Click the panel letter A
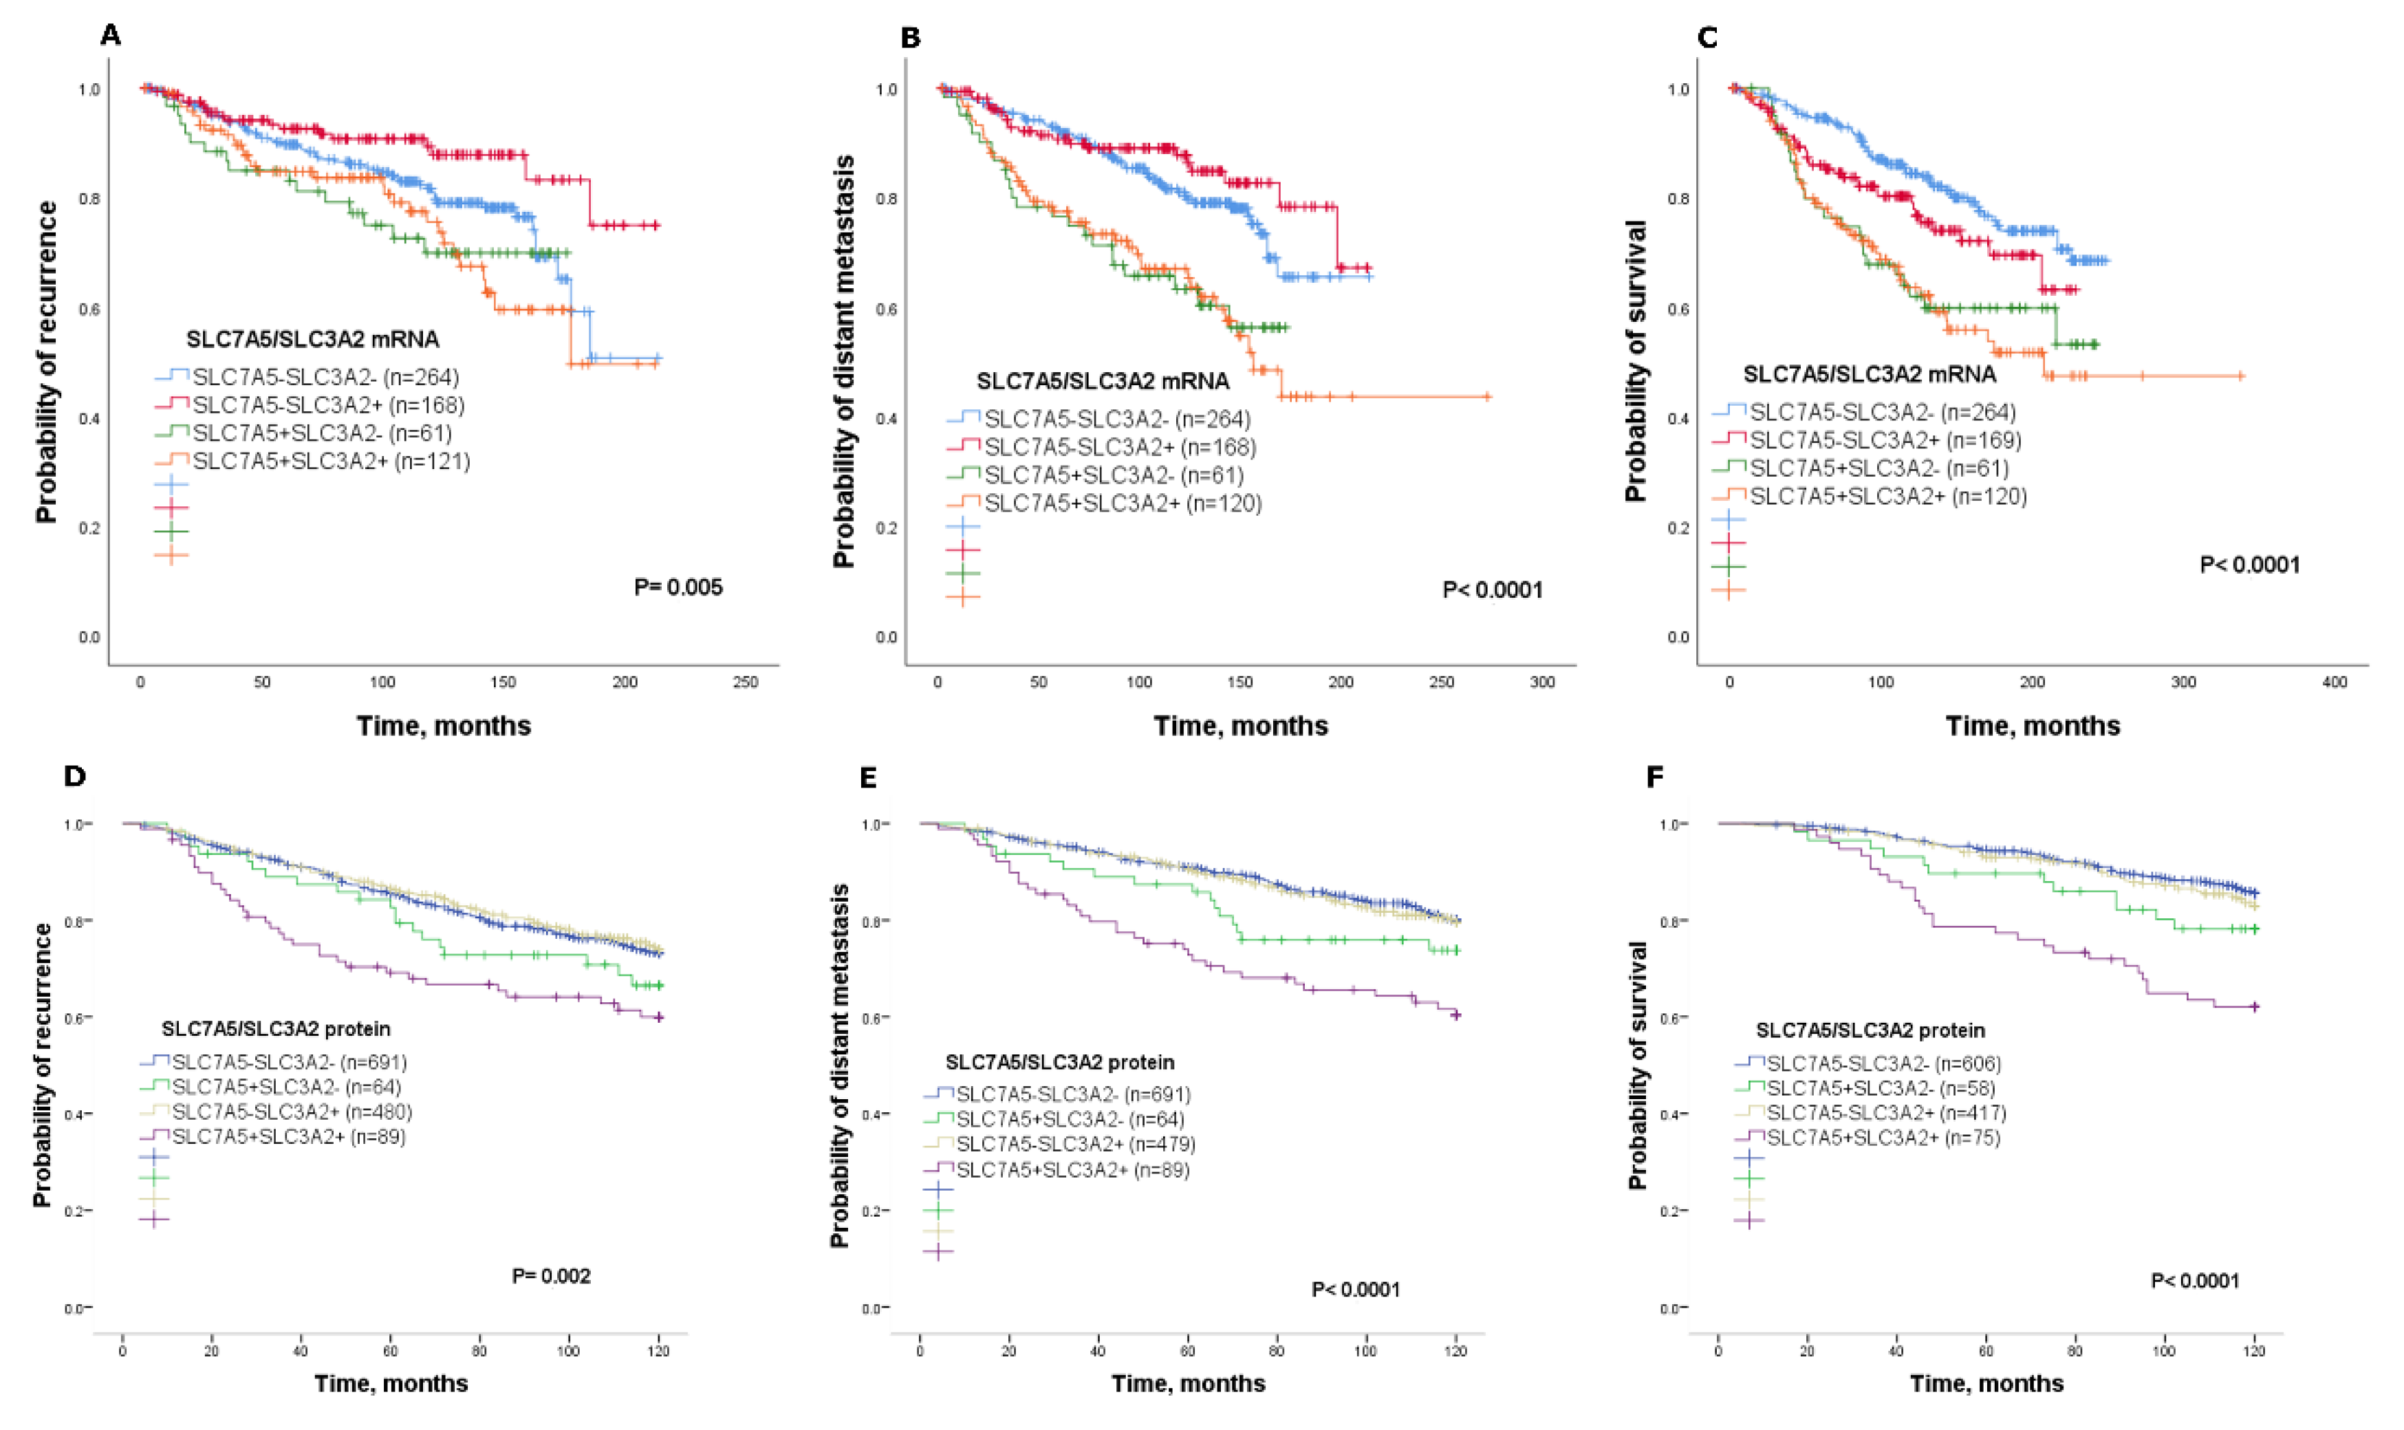pyautogui.click(x=111, y=36)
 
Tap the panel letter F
pyautogui.click(x=1656, y=776)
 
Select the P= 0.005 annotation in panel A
pyautogui.click(x=678, y=587)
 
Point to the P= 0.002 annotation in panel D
pyautogui.click(x=551, y=1276)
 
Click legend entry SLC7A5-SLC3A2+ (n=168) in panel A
pyautogui.click(x=327, y=404)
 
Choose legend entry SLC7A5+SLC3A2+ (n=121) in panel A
pyautogui.click(x=332, y=461)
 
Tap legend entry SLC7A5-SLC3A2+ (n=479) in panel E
pyautogui.click(x=1075, y=1144)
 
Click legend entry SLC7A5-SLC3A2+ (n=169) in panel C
pyautogui.click(x=1885, y=440)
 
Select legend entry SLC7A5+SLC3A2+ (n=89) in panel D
pyautogui.click(x=289, y=1136)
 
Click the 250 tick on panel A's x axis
pyautogui.click(x=746, y=682)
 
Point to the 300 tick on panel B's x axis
pyautogui.click(x=1543, y=682)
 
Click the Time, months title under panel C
pyautogui.click(x=2033, y=726)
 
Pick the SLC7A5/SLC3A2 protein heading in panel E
pyautogui.click(x=1060, y=1062)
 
